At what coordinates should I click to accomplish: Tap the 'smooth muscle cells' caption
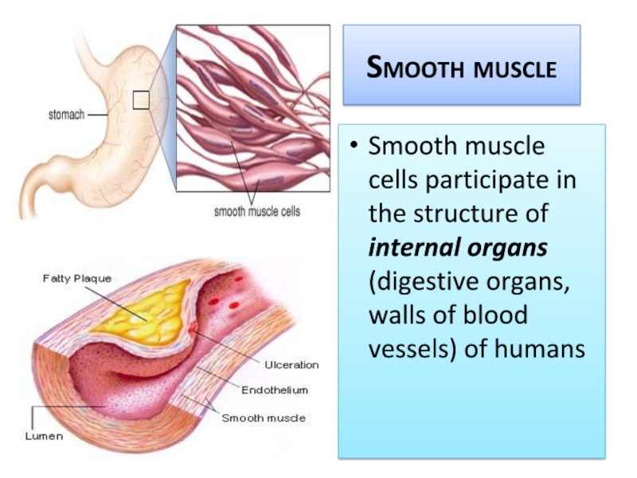256,213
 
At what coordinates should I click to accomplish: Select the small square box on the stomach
141,100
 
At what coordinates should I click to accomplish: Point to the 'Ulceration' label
291,365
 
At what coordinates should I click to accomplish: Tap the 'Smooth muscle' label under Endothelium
264,417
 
